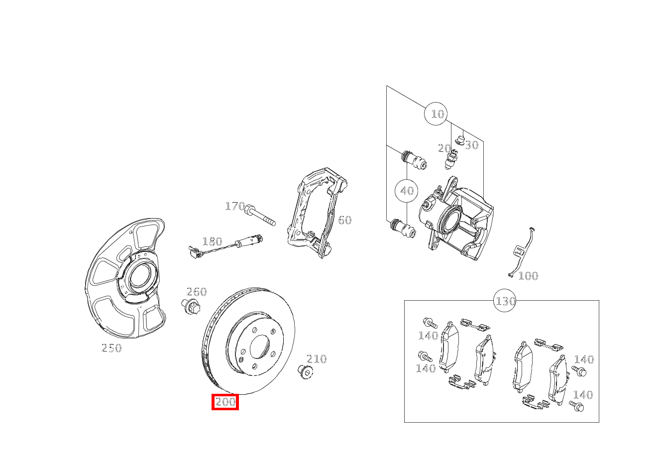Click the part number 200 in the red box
tap(225, 402)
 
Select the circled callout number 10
tap(436, 114)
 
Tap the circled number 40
tap(407, 191)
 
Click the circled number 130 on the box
tap(505, 301)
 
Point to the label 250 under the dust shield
tap(111, 348)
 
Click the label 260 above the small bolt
tap(196, 292)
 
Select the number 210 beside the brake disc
tap(317, 359)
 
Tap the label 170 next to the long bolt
tap(235, 206)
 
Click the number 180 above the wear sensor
tap(212, 242)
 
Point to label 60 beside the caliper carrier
tap(344, 220)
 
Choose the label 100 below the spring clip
tap(528, 276)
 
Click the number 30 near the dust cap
tap(471, 145)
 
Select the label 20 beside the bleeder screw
tap(444, 148)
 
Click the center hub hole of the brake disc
tap(259, 347)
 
